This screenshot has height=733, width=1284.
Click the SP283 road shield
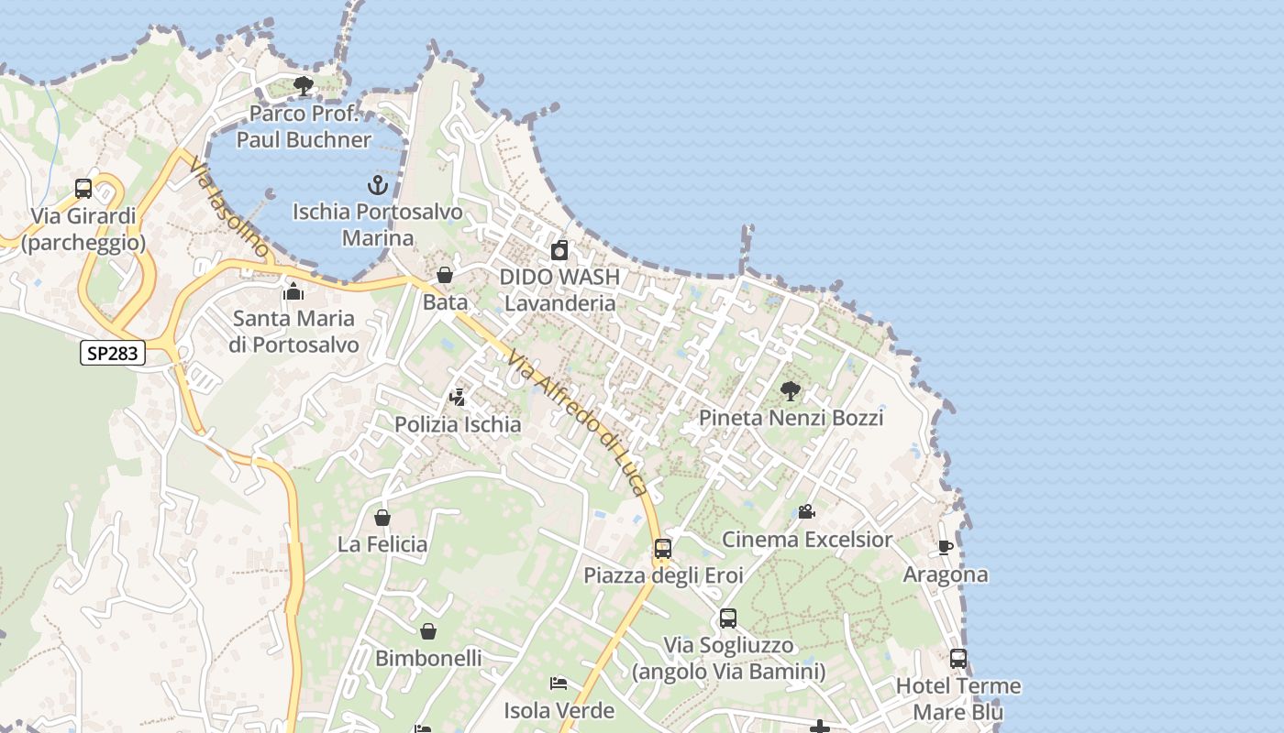113,353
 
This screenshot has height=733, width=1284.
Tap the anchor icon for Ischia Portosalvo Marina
378,185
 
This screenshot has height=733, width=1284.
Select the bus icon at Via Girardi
83,189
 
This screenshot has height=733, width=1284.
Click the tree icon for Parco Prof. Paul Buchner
304,87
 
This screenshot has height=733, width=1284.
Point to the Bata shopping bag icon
445,275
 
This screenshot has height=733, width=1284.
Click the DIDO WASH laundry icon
559,250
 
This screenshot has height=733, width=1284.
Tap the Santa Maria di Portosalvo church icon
293,292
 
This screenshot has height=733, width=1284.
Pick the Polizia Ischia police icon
458,398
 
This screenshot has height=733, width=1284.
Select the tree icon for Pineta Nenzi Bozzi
790,391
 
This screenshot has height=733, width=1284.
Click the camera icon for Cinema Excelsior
806,512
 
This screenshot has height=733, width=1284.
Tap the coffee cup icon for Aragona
946,548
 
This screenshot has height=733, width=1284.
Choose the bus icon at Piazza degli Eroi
663,549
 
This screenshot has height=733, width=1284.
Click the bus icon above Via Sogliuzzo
728,618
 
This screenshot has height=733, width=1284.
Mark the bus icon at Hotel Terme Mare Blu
958,659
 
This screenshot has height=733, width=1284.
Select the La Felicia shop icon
382,518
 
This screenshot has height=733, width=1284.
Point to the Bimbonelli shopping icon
428,631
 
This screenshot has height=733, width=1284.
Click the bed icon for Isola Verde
558,684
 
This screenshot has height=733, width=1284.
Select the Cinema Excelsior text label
807,539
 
